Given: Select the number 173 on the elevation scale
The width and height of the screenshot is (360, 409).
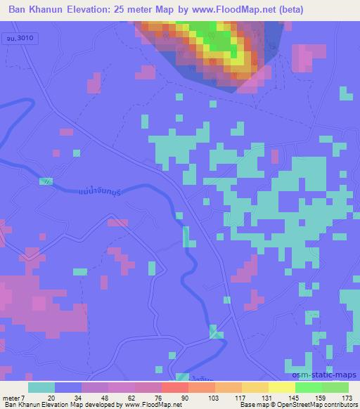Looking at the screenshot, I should [x=345, y=397].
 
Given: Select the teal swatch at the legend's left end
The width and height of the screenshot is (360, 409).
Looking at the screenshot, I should [x=41, y=387].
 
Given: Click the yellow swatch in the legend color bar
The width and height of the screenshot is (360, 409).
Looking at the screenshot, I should [x=281, y=387].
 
